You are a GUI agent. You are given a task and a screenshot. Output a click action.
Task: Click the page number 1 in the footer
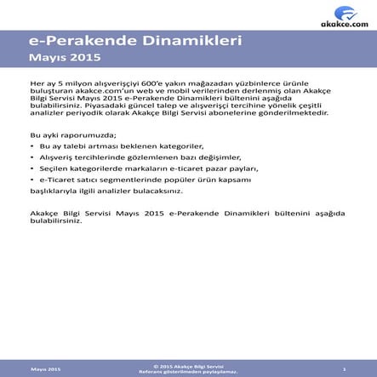pos(343,368)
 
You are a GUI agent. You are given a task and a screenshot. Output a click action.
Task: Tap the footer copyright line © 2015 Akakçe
pos(189,365)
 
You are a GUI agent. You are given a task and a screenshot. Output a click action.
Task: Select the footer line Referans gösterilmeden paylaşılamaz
pos(189,371)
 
